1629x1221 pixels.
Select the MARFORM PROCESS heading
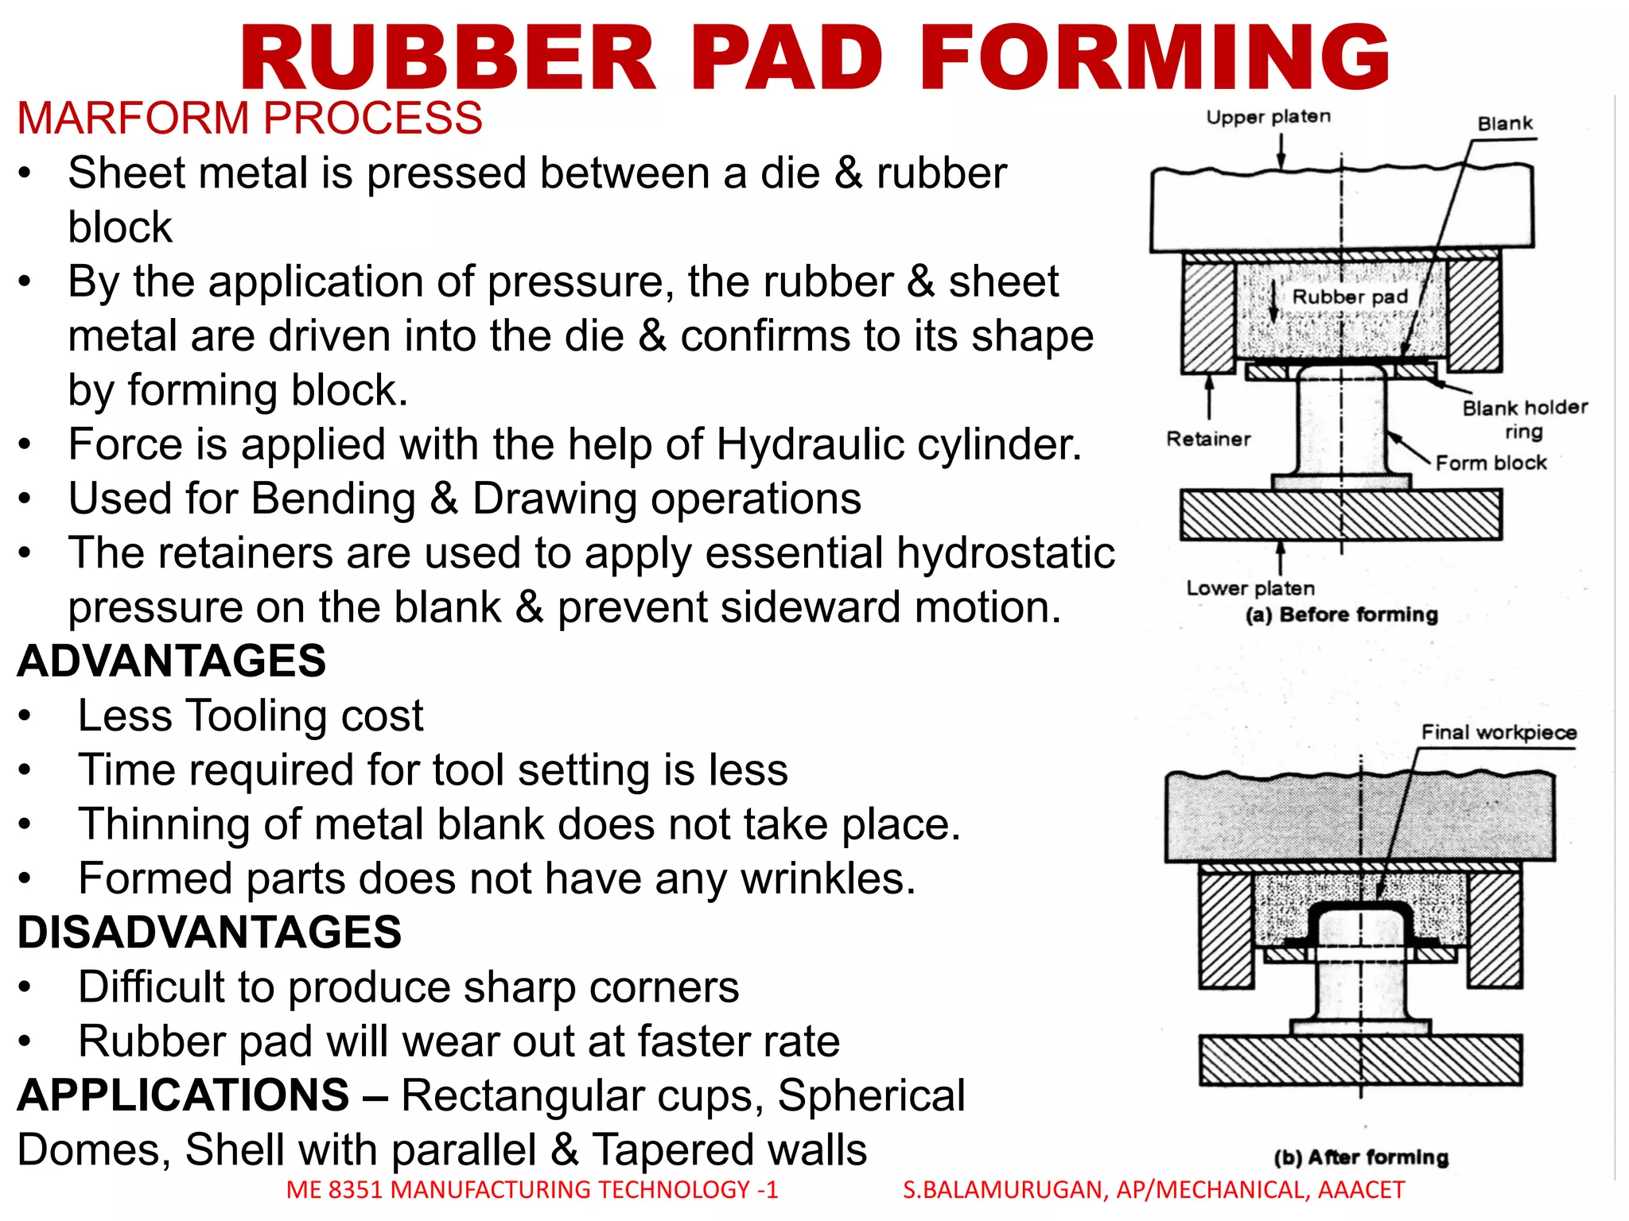click(x=250, y=118)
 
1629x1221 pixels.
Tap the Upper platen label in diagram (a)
click(x=1268, y=117)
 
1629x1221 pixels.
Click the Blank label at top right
click(x=1505, y=124)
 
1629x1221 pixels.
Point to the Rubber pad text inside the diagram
click(x=1350, y=297)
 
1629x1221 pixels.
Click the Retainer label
click(x=1208, y=439)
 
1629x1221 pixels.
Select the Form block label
click(x=1491, y=463)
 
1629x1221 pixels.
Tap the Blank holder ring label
click(x=1524, y=419)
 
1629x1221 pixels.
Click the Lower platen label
click(x=1250, y=588)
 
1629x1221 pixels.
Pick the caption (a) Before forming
click(x=1342, y=614)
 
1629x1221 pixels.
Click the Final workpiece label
click(x=1499, y=732)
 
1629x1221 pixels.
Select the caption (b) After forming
click(x=1360, y=1157)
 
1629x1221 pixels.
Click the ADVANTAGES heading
click(x=172, y=661)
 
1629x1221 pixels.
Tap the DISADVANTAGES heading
click(x=210, y=932)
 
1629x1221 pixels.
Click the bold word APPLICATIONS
click(x=184, y=1095)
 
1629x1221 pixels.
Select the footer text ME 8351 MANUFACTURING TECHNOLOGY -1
click(x=532, y=1189)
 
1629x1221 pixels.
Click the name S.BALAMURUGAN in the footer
click(x=1002, y=1189)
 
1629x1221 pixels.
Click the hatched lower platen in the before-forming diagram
click(x=1340, y=515)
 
